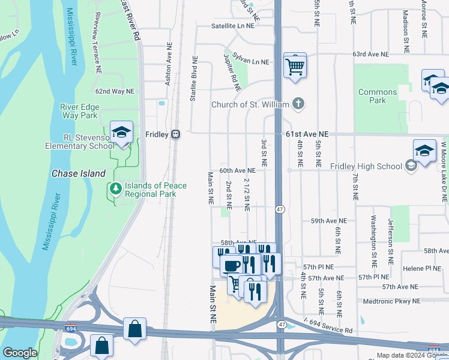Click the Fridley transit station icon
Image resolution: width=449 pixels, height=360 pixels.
pyautogui.click(x=176, y=134)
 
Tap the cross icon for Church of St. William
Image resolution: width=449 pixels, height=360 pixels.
pyautogui.click(x=298, y=104)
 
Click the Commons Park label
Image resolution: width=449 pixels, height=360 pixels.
pyautogui.click(x=378, y=96)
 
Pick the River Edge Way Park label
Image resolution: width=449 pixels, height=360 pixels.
pyautogui.click(x=79, y=111)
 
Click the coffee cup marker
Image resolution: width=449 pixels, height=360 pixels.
pyautogui.click(x=232, y=265)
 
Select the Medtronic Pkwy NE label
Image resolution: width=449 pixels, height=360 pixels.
pyautogui.click(x=393, y=301)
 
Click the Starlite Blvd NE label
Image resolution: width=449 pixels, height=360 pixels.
pyautogui.click(x=193, y=79)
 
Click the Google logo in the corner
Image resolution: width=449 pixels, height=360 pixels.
pyautogui.click(x=20, y=353)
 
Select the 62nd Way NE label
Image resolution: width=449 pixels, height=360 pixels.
pyautogui.click(x=115, y=91)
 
